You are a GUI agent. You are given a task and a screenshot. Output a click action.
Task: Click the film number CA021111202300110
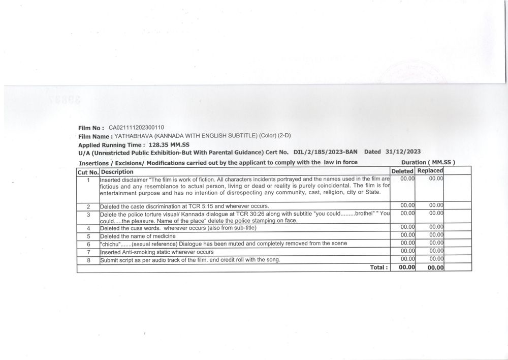click(x=136, y=128)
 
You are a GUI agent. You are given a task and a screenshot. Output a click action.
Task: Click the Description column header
click(x=117, y=172)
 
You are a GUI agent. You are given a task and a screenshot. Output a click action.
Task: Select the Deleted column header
click(x=402, y=171)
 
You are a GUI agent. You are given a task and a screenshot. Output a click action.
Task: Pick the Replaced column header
click(x=430, y=171)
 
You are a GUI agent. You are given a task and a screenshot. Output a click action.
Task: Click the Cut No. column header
click(x=88, y=172)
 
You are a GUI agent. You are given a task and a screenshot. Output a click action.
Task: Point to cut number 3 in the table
click(x=88, y=215)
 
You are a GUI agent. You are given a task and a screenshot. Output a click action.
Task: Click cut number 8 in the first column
click(x=88, y=260)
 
